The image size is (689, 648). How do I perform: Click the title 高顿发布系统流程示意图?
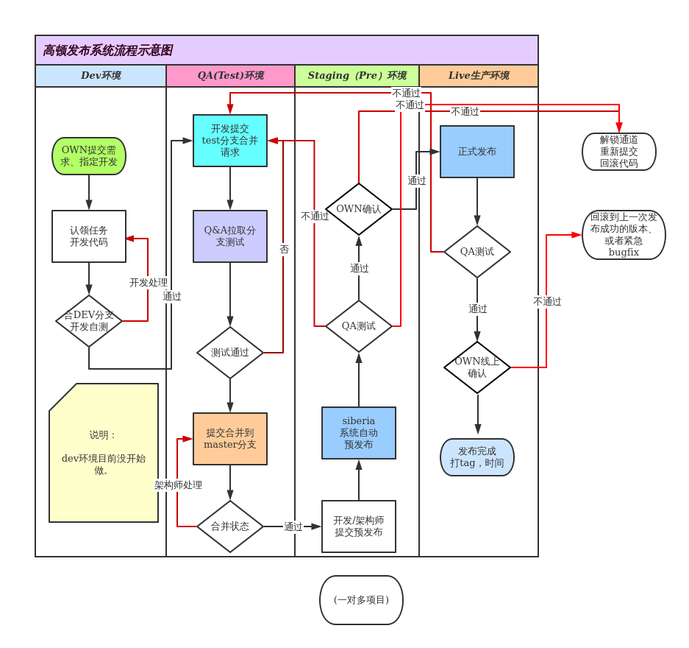point(107,51)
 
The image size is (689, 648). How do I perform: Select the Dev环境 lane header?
point(101,76)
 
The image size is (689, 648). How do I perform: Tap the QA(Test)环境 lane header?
point(230,76)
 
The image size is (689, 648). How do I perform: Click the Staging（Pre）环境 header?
point(357,76)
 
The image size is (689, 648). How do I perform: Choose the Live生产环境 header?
point(478,76)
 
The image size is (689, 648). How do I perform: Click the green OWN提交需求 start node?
point(89,156)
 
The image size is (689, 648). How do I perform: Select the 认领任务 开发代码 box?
point(89,236)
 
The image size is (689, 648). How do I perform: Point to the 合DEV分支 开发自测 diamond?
point(89,321)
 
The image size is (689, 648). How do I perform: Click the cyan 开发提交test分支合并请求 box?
point(230,141)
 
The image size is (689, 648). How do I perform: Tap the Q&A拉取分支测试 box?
point(230,236)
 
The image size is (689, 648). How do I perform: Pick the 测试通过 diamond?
point(230,353)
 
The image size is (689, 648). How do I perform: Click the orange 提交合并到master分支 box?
point(230,439)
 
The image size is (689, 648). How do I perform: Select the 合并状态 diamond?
point(230,526)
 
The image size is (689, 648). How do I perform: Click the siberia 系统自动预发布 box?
point(359,433)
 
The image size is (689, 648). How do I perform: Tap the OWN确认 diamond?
point(359,209)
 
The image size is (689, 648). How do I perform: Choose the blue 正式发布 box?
point(477,152)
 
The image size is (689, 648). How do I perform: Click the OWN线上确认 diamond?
point(477,367)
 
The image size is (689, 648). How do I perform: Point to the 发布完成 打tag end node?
point(477,457)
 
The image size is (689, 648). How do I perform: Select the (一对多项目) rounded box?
point(361,600)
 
